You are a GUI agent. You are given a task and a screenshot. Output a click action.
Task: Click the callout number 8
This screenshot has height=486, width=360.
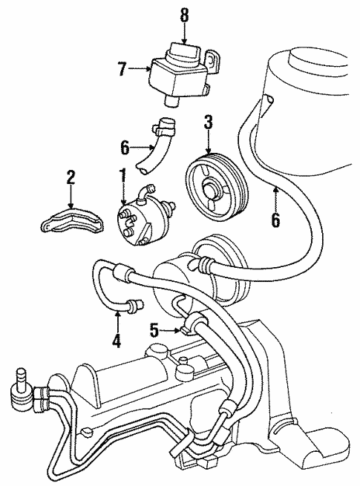click(x=185, y=15)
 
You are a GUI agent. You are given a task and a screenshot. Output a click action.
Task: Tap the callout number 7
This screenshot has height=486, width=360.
click(x=122, y=69)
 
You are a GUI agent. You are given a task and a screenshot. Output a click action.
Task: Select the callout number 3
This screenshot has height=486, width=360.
click(x=209, y=122)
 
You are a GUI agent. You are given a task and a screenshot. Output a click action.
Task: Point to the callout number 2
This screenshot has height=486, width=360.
click(x=71, y=178)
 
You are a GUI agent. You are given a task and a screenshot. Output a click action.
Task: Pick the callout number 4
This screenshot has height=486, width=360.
click(x=117, y=340)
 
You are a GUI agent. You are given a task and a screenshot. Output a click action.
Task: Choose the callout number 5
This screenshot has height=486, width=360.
click(x=154, y=330)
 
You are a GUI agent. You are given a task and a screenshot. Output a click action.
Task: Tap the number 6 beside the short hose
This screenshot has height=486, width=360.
click(x=125, y=148)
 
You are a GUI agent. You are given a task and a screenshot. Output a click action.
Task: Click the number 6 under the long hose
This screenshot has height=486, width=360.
click(x=275, y=220)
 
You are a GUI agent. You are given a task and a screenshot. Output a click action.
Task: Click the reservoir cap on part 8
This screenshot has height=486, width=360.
click(x=181, y=53)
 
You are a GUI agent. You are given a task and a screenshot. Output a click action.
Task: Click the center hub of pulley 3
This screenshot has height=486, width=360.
click(x=211, y=191)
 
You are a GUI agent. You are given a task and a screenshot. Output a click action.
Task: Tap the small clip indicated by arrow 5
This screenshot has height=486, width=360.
click(x=185, y=330)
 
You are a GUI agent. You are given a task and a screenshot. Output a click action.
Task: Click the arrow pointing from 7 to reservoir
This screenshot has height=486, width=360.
click(x=140, y=69)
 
